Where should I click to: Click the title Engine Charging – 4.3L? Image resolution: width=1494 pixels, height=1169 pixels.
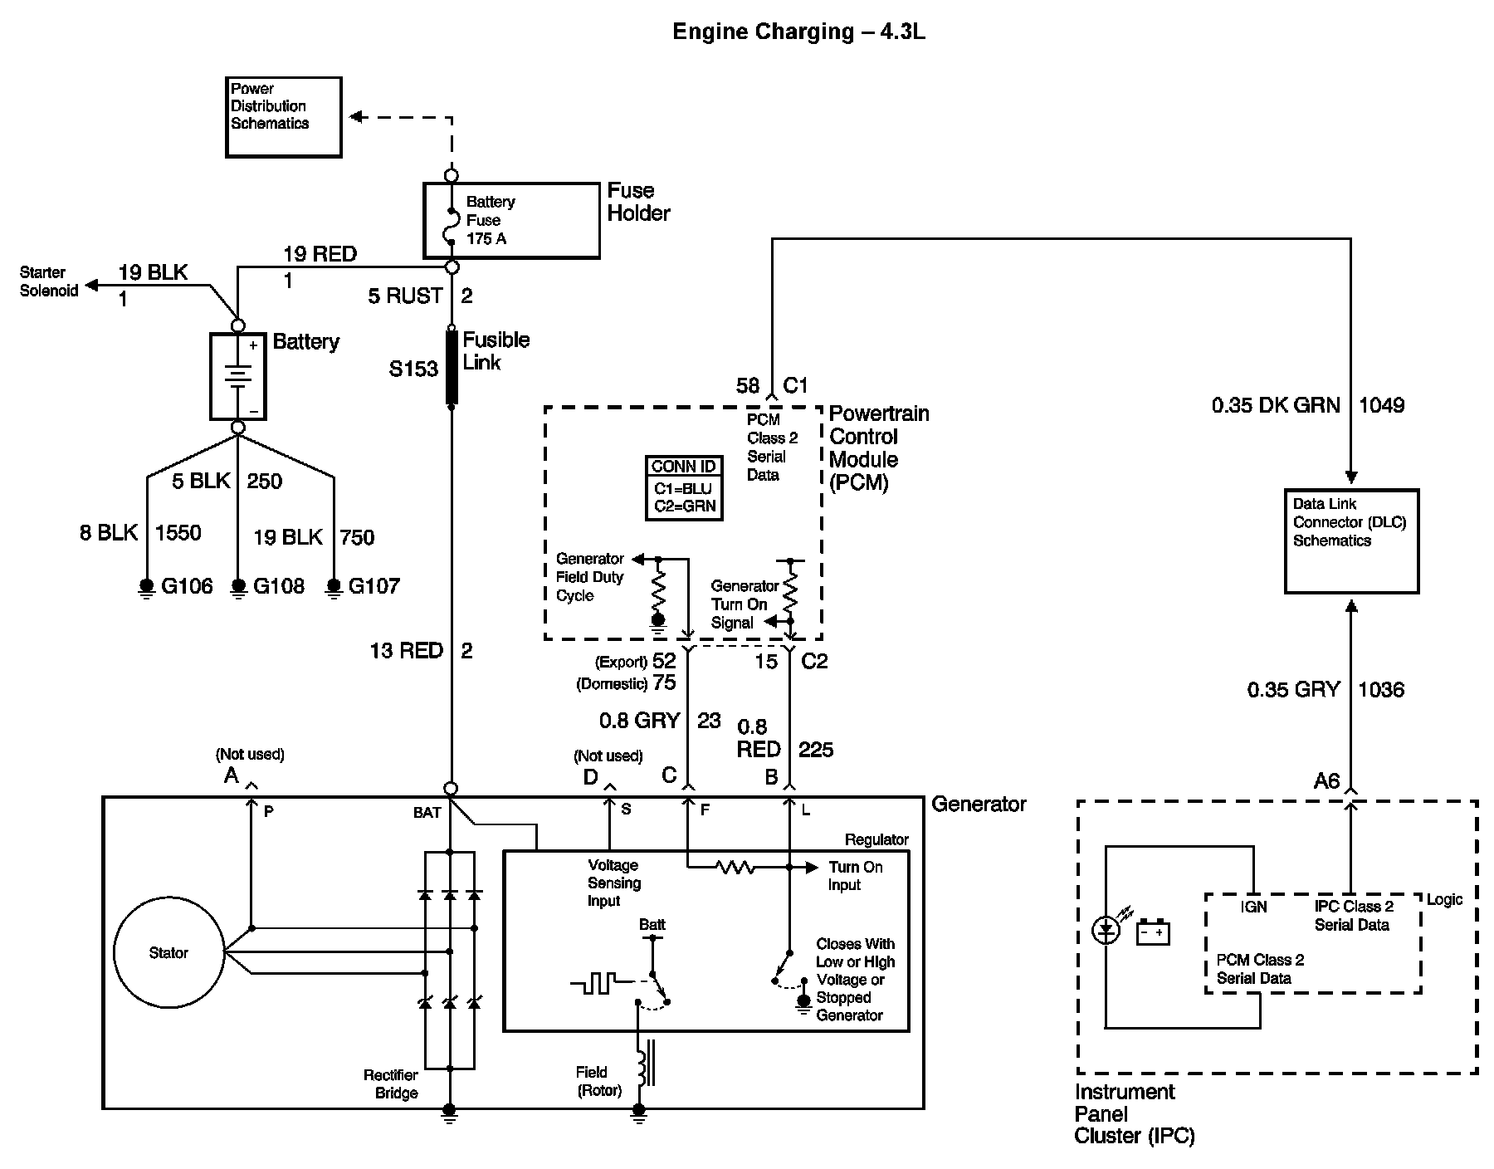tap(798, 32)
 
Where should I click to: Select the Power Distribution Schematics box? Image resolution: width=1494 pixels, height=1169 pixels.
tap(284, 117)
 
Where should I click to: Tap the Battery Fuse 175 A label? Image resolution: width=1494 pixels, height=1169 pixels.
tap(490, 220)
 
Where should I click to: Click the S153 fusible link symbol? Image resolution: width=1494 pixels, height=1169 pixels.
tap(452, 367)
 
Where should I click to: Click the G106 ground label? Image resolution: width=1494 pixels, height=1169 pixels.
tap(187, 586)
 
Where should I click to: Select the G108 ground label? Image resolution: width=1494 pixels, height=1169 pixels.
tap(279, 586)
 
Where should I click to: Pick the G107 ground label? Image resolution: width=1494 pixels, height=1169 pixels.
tap(374, 586)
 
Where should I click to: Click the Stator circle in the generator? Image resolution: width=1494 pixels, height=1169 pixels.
tap(168, 952)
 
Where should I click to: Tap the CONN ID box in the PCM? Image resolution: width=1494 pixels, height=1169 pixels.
tap(685, 487)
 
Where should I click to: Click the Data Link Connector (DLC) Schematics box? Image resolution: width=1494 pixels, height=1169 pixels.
tap(1351, 541)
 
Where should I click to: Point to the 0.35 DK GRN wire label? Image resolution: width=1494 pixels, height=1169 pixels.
tap(1276, 405)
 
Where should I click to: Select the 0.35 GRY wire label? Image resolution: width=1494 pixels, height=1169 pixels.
tap(1293, 689)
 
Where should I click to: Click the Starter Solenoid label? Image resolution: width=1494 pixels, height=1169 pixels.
tap(49, 281)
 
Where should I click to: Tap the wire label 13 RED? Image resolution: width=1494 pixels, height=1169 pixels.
tap(406, 651)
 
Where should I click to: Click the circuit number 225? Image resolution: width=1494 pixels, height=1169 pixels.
tap(816, 750)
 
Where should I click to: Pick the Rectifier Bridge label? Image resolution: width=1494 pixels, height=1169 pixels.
tap(391, 1083)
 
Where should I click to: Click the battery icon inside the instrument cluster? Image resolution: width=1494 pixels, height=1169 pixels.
tap(1153, 932)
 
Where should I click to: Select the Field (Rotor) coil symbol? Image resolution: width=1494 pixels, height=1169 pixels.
tap(644, 1063)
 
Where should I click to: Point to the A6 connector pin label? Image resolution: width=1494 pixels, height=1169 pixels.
tap(1326, 780)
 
